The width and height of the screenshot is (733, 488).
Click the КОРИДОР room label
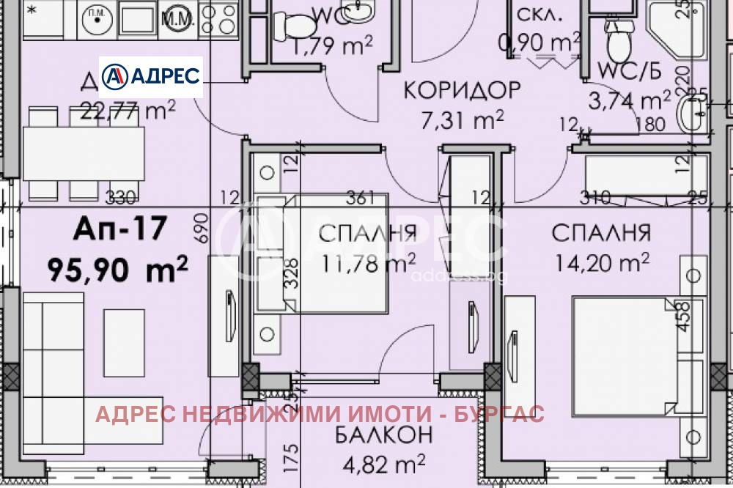462,90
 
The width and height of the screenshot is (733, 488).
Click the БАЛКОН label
383,435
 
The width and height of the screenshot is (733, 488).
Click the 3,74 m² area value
635,99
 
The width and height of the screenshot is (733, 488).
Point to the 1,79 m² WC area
333,48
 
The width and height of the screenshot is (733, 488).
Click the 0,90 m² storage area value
539,44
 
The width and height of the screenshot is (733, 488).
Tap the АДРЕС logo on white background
151,76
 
